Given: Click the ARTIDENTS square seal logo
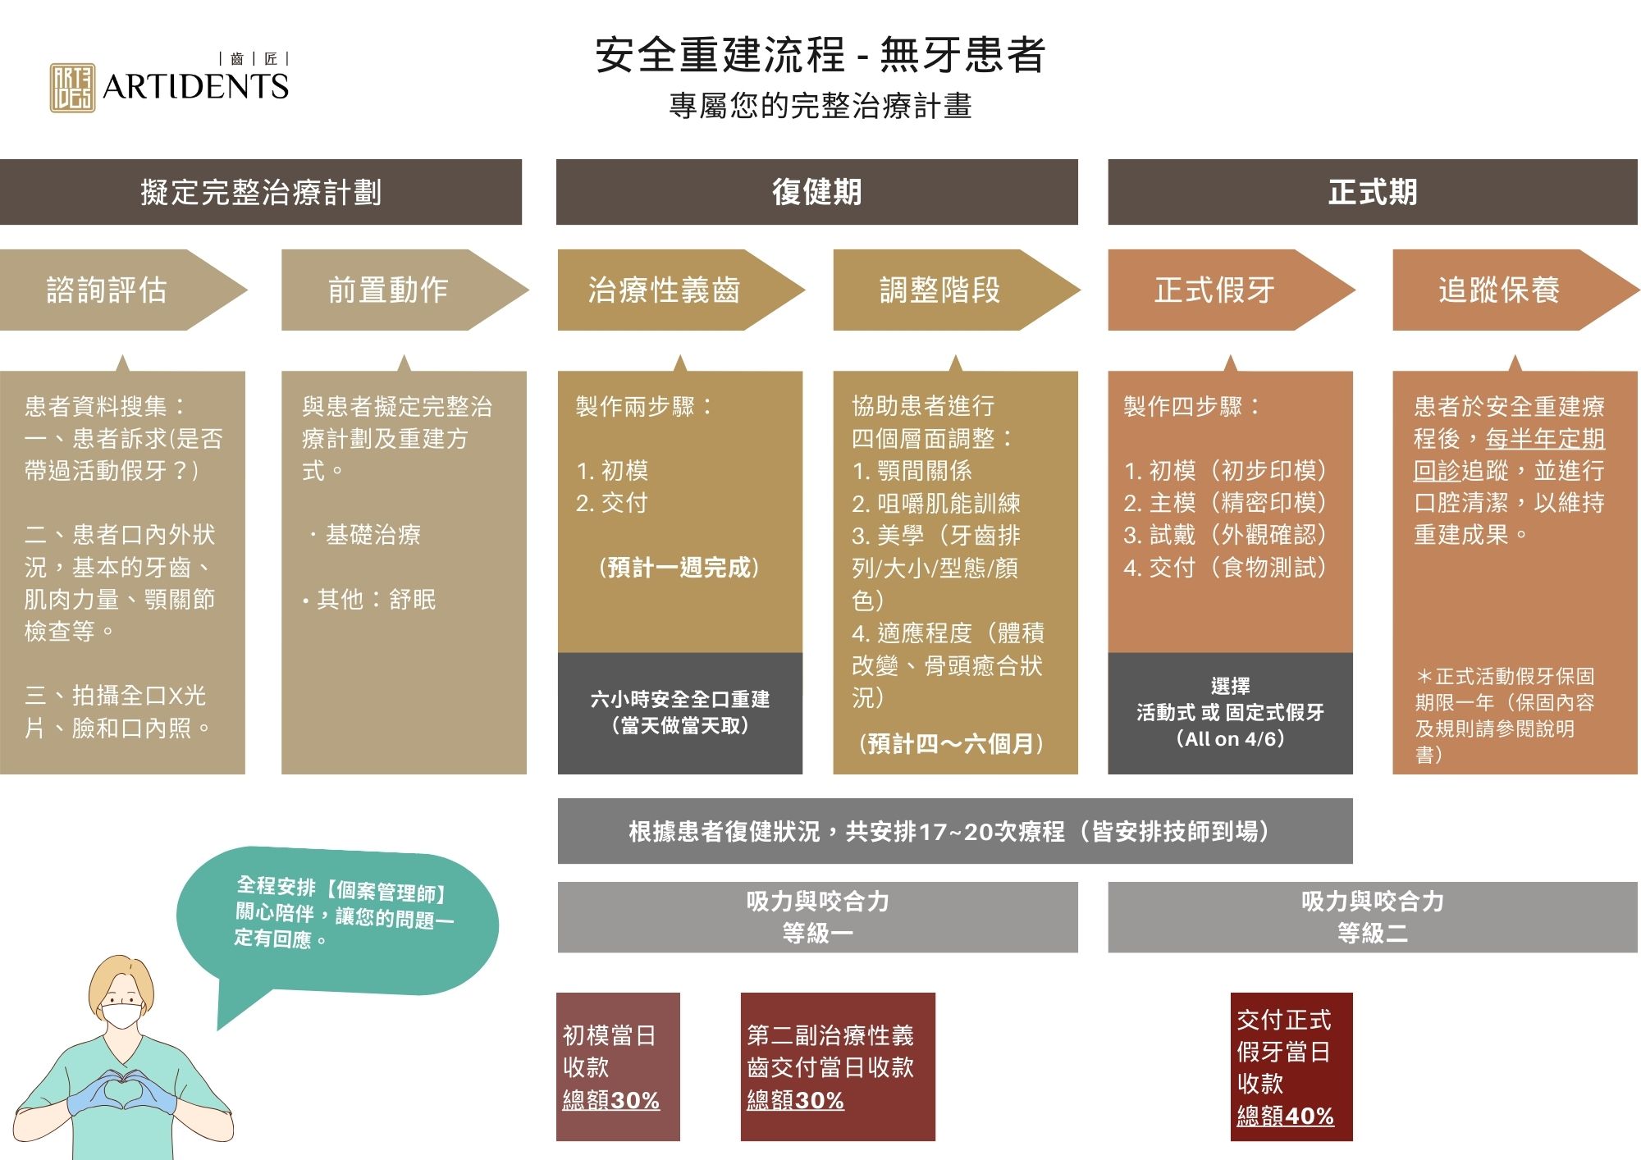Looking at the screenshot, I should (x=72, y=88).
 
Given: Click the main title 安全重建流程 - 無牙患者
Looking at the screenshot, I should (x=820, y=55).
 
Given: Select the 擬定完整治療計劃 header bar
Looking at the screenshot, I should (x=261, y=192).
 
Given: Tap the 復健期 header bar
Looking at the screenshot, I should (x=816, y=192).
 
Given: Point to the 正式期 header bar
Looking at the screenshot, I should (x=1372, y=192).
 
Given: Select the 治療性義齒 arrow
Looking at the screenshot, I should (x=669, y=290).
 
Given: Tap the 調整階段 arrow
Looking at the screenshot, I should (x=944, y=290).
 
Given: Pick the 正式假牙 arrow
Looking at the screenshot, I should (x=1218, y=290).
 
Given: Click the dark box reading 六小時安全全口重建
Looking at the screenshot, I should (x=679, y=712).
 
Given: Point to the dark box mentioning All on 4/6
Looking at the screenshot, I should (x=1230, y=712).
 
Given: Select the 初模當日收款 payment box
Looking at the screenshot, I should (x=617, y=1066).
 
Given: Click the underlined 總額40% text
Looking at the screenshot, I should (x=1285, y=1116).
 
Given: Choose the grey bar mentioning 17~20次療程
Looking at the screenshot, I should (x=954, y=831).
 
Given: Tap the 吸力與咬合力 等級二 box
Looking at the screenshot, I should (x=1372, y=916).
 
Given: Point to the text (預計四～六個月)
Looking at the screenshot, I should (x=952, y=743).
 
